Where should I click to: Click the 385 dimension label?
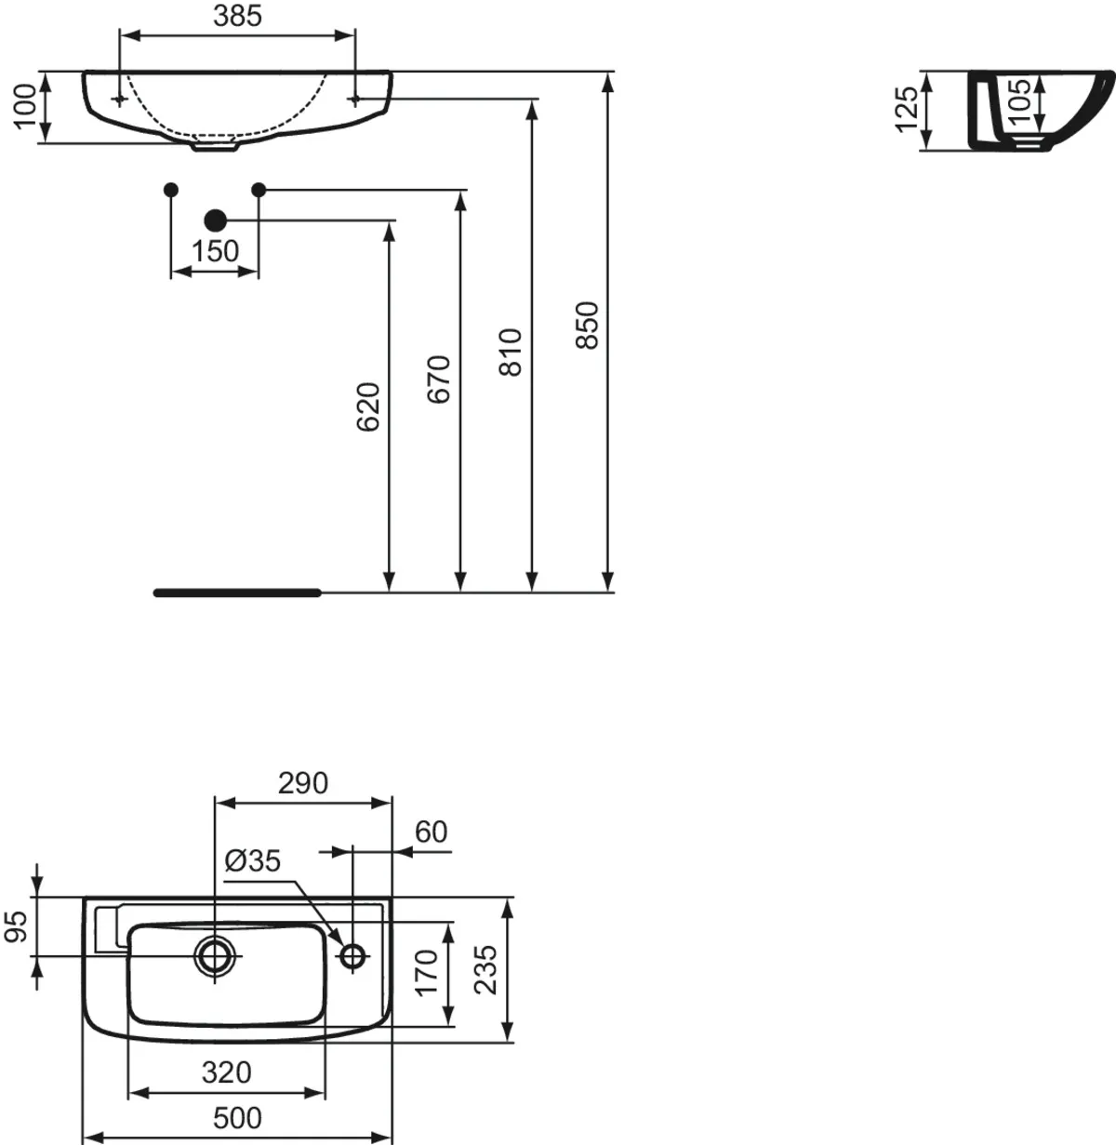237,16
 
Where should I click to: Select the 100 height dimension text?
25,105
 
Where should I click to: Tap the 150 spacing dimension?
215,252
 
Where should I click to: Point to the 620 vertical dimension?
368,406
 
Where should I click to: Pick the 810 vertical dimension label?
511,352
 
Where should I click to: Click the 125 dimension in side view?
907,109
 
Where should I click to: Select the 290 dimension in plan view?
303,783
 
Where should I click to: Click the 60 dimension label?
431,832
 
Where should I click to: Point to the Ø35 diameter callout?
252,861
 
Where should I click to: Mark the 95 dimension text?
17,926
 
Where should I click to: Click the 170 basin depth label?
426,973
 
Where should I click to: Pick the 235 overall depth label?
485,969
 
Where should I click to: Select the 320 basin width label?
227,1072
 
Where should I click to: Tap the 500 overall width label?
237,1117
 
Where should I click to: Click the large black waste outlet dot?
215,220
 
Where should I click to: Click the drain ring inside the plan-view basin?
215,954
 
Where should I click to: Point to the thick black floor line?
237,592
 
